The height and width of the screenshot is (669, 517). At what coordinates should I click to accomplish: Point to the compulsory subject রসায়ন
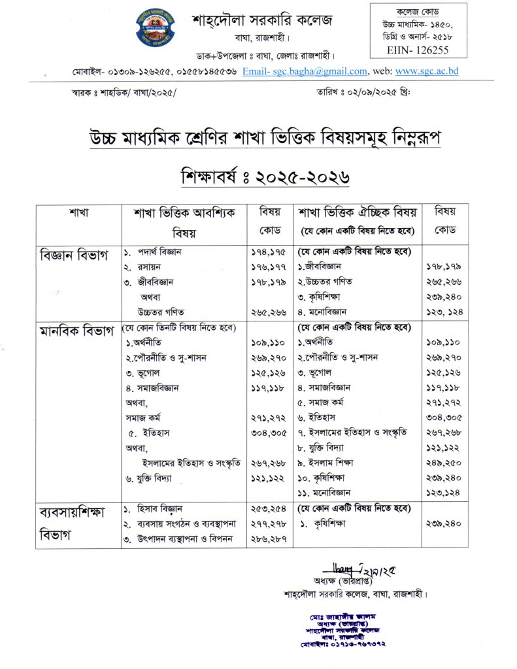click(150, 267)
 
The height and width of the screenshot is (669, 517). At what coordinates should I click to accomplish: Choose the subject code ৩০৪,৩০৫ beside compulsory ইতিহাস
click(269, 432)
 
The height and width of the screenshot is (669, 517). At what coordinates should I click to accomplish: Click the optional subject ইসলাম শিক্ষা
click(335, 463)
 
